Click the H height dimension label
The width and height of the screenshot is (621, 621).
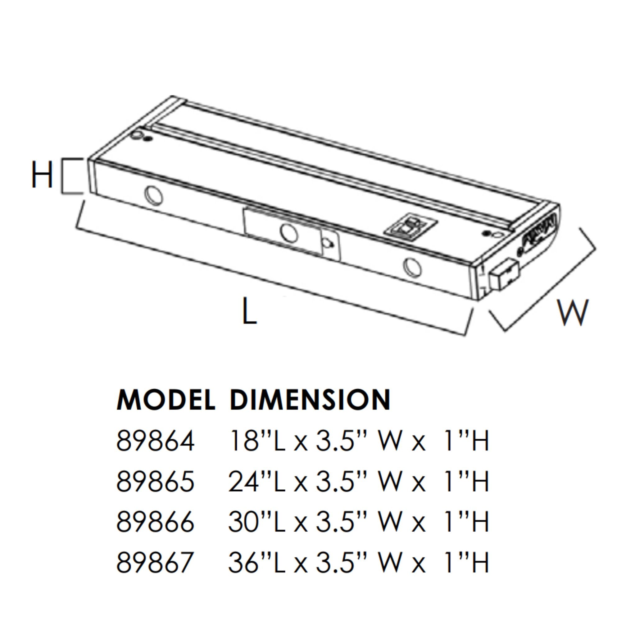(42, 175)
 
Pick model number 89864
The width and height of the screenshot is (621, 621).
(155, 441)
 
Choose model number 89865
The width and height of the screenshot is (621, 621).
(155, 482)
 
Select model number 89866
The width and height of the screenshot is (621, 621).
(155, 522)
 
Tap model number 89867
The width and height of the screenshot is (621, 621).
(155, 562)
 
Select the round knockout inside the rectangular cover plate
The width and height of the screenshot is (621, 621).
(288, 232)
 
